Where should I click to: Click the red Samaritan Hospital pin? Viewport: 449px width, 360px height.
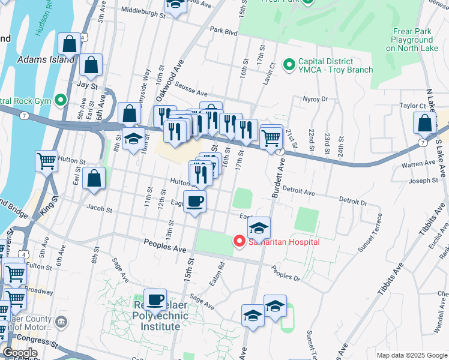coord(239,241)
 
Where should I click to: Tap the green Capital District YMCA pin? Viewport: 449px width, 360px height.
coord(289,63)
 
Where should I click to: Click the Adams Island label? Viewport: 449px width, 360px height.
coord(46,59)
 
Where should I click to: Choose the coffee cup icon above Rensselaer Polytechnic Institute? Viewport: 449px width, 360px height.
coord(155,299)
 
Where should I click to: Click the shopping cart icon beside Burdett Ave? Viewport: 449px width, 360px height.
coord(271,137)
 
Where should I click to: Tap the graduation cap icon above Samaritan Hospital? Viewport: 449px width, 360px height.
coord(259,228)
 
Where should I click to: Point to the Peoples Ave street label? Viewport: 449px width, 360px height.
coord(163,242)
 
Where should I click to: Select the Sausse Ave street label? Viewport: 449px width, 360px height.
coord(191,94)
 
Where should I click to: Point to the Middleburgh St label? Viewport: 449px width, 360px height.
coord(143,11)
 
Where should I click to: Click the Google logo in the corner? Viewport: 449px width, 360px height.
coord(20,353)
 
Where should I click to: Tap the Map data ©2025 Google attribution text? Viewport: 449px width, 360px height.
coord(412,355)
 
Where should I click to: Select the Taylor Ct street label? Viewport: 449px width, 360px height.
coord(412,106)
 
